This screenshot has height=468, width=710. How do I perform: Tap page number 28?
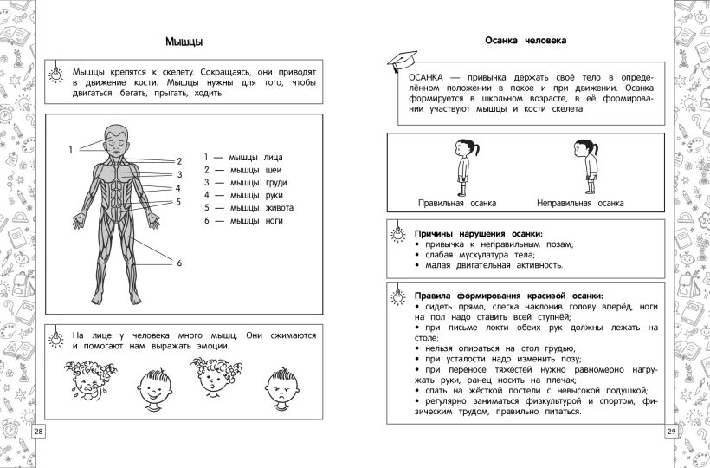[x=38, y=432]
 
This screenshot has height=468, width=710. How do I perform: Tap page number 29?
[x=671, y=432]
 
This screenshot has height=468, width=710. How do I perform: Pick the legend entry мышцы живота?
[x=248, y=208]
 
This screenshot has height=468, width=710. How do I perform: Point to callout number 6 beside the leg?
[x=179, y=263]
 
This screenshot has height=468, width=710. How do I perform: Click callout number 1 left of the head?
[x=71, y=151]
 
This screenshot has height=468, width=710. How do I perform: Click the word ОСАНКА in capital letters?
[x=429, y=76]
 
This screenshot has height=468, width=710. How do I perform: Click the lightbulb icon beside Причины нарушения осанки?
[x=398, y=232]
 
